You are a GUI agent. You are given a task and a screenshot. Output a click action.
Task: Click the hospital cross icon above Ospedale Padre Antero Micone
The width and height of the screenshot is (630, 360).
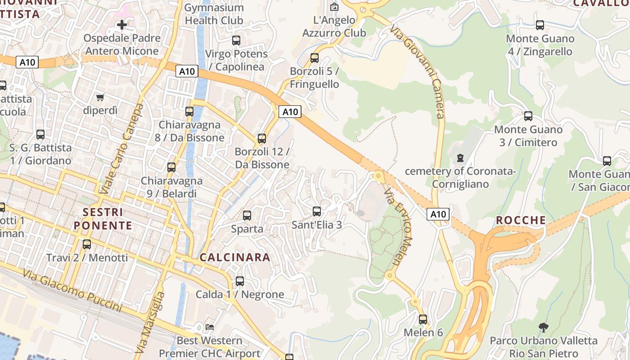click(x=121, y=24)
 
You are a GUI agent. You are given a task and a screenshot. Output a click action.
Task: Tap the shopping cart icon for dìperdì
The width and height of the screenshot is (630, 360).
click(x=100, y=97)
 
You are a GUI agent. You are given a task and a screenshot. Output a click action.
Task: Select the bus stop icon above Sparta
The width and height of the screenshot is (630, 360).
click(x=247, y=216)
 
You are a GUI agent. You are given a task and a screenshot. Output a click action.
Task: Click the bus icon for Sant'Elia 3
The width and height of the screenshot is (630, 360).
click(x=317, y=211)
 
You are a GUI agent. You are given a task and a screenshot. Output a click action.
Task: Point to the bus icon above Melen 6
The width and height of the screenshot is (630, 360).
click(x=423, y=319)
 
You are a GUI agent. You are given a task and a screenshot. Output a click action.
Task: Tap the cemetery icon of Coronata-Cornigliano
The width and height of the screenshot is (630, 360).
click(x=460, y=158)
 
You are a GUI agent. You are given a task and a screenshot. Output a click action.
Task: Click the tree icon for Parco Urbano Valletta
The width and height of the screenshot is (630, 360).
click(x=543, y=327)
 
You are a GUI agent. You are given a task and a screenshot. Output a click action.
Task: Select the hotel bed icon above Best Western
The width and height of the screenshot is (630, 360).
click(x=209, y=327)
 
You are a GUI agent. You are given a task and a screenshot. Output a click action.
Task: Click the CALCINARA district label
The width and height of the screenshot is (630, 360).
click(x=235, y=257)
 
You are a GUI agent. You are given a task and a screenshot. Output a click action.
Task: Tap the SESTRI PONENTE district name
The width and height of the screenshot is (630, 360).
click(x=103, y=219)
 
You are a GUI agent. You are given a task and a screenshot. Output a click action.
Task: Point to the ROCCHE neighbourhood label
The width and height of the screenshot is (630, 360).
click(x=521, y=220)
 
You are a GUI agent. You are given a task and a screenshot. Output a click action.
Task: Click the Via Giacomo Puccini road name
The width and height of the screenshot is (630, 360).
click(x=72, y=291)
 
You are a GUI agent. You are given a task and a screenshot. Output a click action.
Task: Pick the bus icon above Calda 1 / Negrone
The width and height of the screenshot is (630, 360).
click(x=240, y=281)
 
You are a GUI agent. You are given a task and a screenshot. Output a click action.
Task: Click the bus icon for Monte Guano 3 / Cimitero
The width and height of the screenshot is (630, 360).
click(x=528, y=116)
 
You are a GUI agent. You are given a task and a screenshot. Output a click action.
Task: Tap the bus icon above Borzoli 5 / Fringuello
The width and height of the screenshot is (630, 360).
click(x=315, y=58)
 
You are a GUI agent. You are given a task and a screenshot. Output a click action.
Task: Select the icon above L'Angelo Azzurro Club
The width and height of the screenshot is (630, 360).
click(x=334, y=7)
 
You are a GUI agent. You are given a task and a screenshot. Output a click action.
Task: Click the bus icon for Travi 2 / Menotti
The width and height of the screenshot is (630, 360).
click(x=87, y=244)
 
